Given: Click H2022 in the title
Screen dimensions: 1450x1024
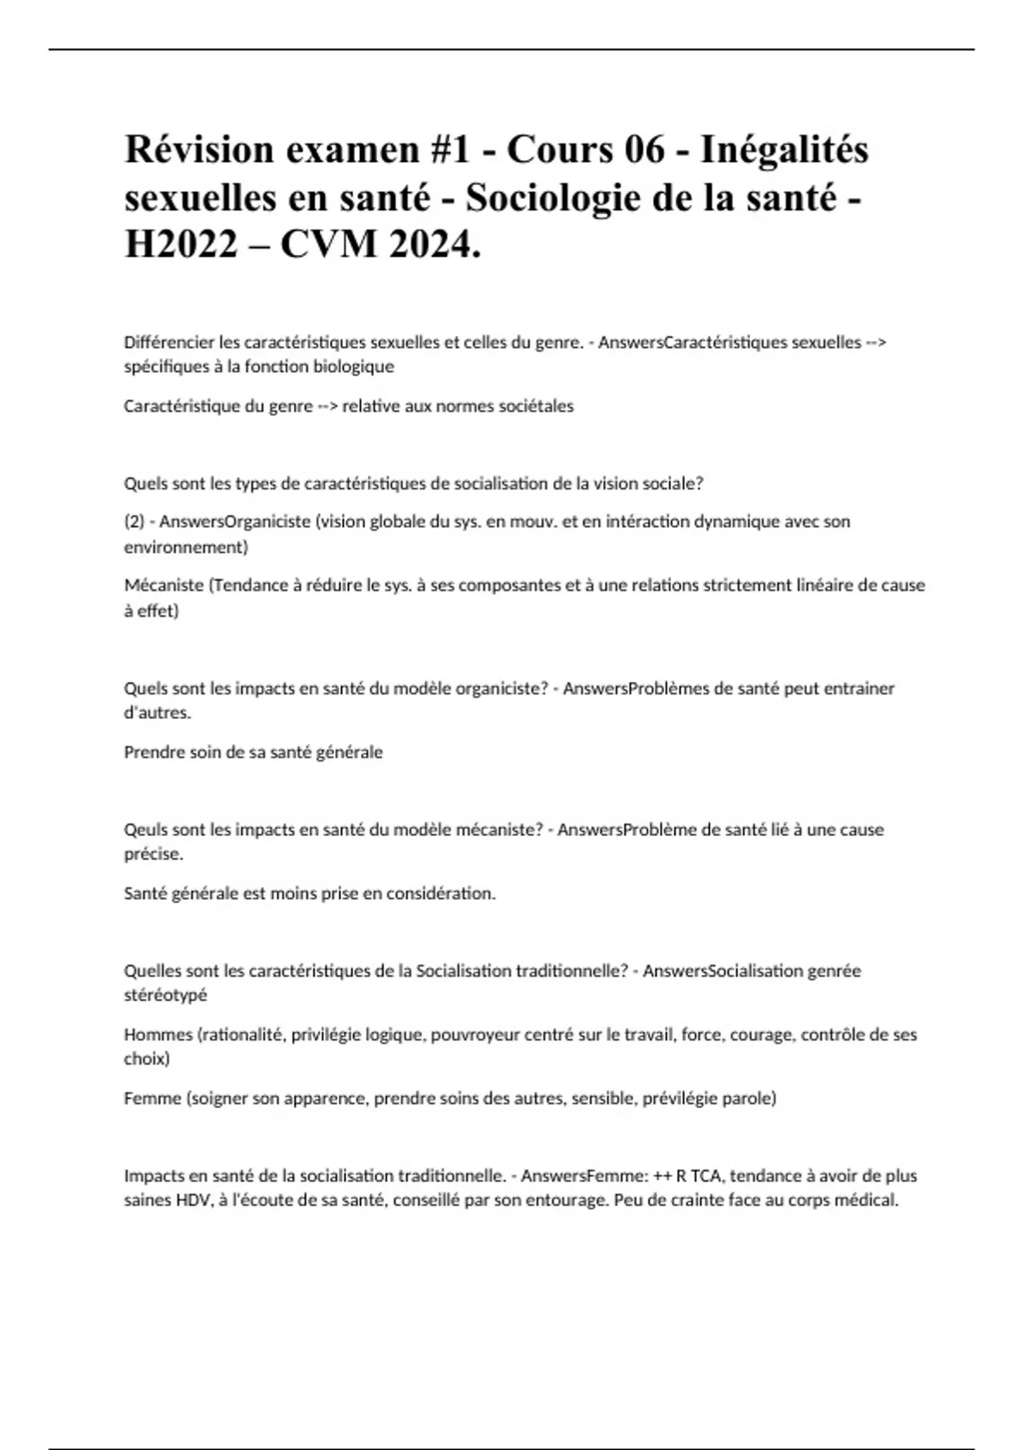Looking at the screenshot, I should (x=180, y=246).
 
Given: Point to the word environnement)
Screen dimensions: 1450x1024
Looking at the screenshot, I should (x=186, y=547).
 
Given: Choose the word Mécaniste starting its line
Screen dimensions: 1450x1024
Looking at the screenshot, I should (x=164, y=585).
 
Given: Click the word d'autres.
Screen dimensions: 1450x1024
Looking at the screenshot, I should (x=158, y=713).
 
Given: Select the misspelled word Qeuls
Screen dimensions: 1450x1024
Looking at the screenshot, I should (x=146, y=829).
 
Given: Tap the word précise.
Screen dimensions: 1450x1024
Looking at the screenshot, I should (x=154, y=854).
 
